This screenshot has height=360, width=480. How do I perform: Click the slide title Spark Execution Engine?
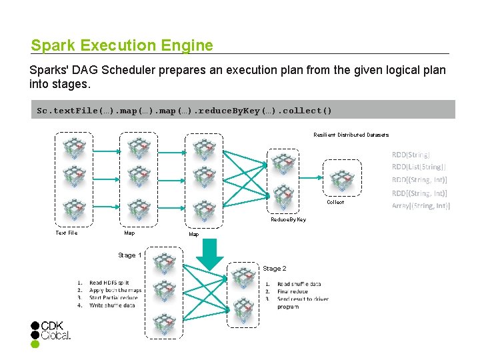pyautogui.click(x=122, y=45)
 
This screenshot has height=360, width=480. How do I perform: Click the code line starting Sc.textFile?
pyautogui.click(x=184, y=110)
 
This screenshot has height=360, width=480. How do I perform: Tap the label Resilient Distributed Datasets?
pyautogui.click(x=351, y=135)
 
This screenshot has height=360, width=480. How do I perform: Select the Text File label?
pyautogui.click(x=66, y=233)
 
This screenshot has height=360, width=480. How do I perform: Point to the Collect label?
pyautogui.click(x=335, y=202)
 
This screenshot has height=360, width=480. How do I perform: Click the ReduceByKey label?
pyautogui.click(x=288, y=219)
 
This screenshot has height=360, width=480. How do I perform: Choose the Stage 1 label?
pyautogui.click(x=129, y=255)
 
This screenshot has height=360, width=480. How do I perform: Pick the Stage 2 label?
pyautogui.click(x=274, y=268)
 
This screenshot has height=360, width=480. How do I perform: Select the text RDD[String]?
pyautogui.click(x=411, y=154)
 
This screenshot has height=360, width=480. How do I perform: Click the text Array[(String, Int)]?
pyautogui.click(x=421, y=206)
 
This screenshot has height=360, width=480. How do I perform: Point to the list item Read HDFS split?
pyautogui.click(x=109, y=283)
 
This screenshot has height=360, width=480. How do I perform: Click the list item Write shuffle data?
pyautogui.click(x=112, y=305)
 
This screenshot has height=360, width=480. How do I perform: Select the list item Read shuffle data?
pyautogui.click(x=299, y=284)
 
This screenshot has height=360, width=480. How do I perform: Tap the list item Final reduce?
pyautogui.click(x=293, y=291)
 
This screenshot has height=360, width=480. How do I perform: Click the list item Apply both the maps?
pyautogui.click(x=115, y=291)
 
